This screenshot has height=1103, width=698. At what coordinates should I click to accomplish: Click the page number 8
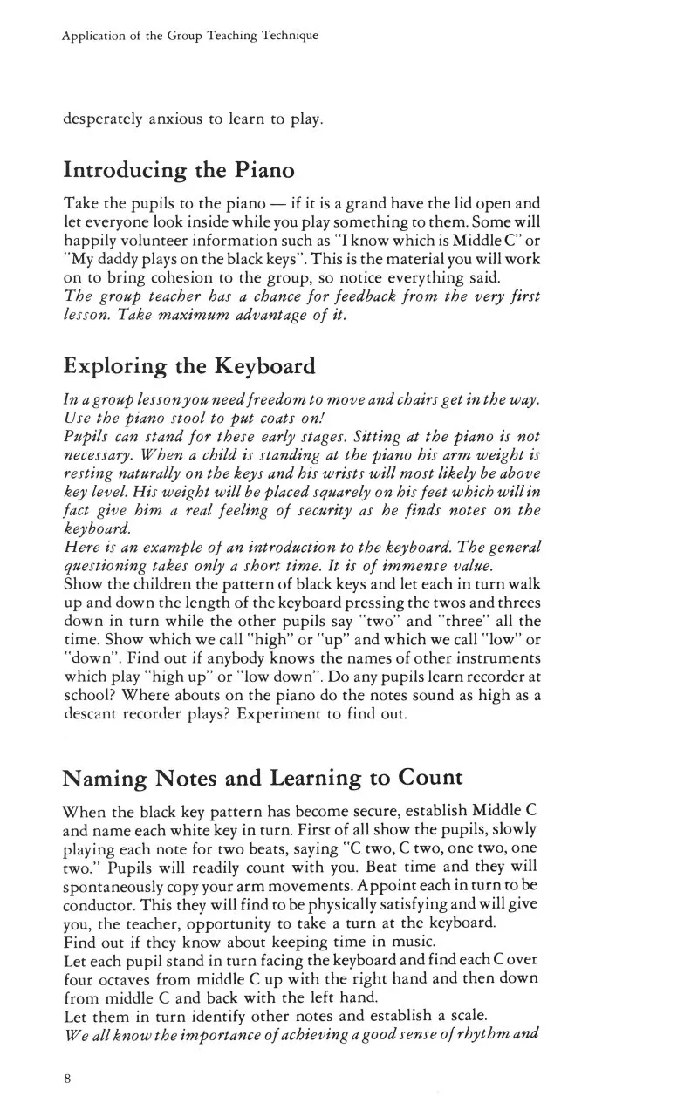pos(66,1078)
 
